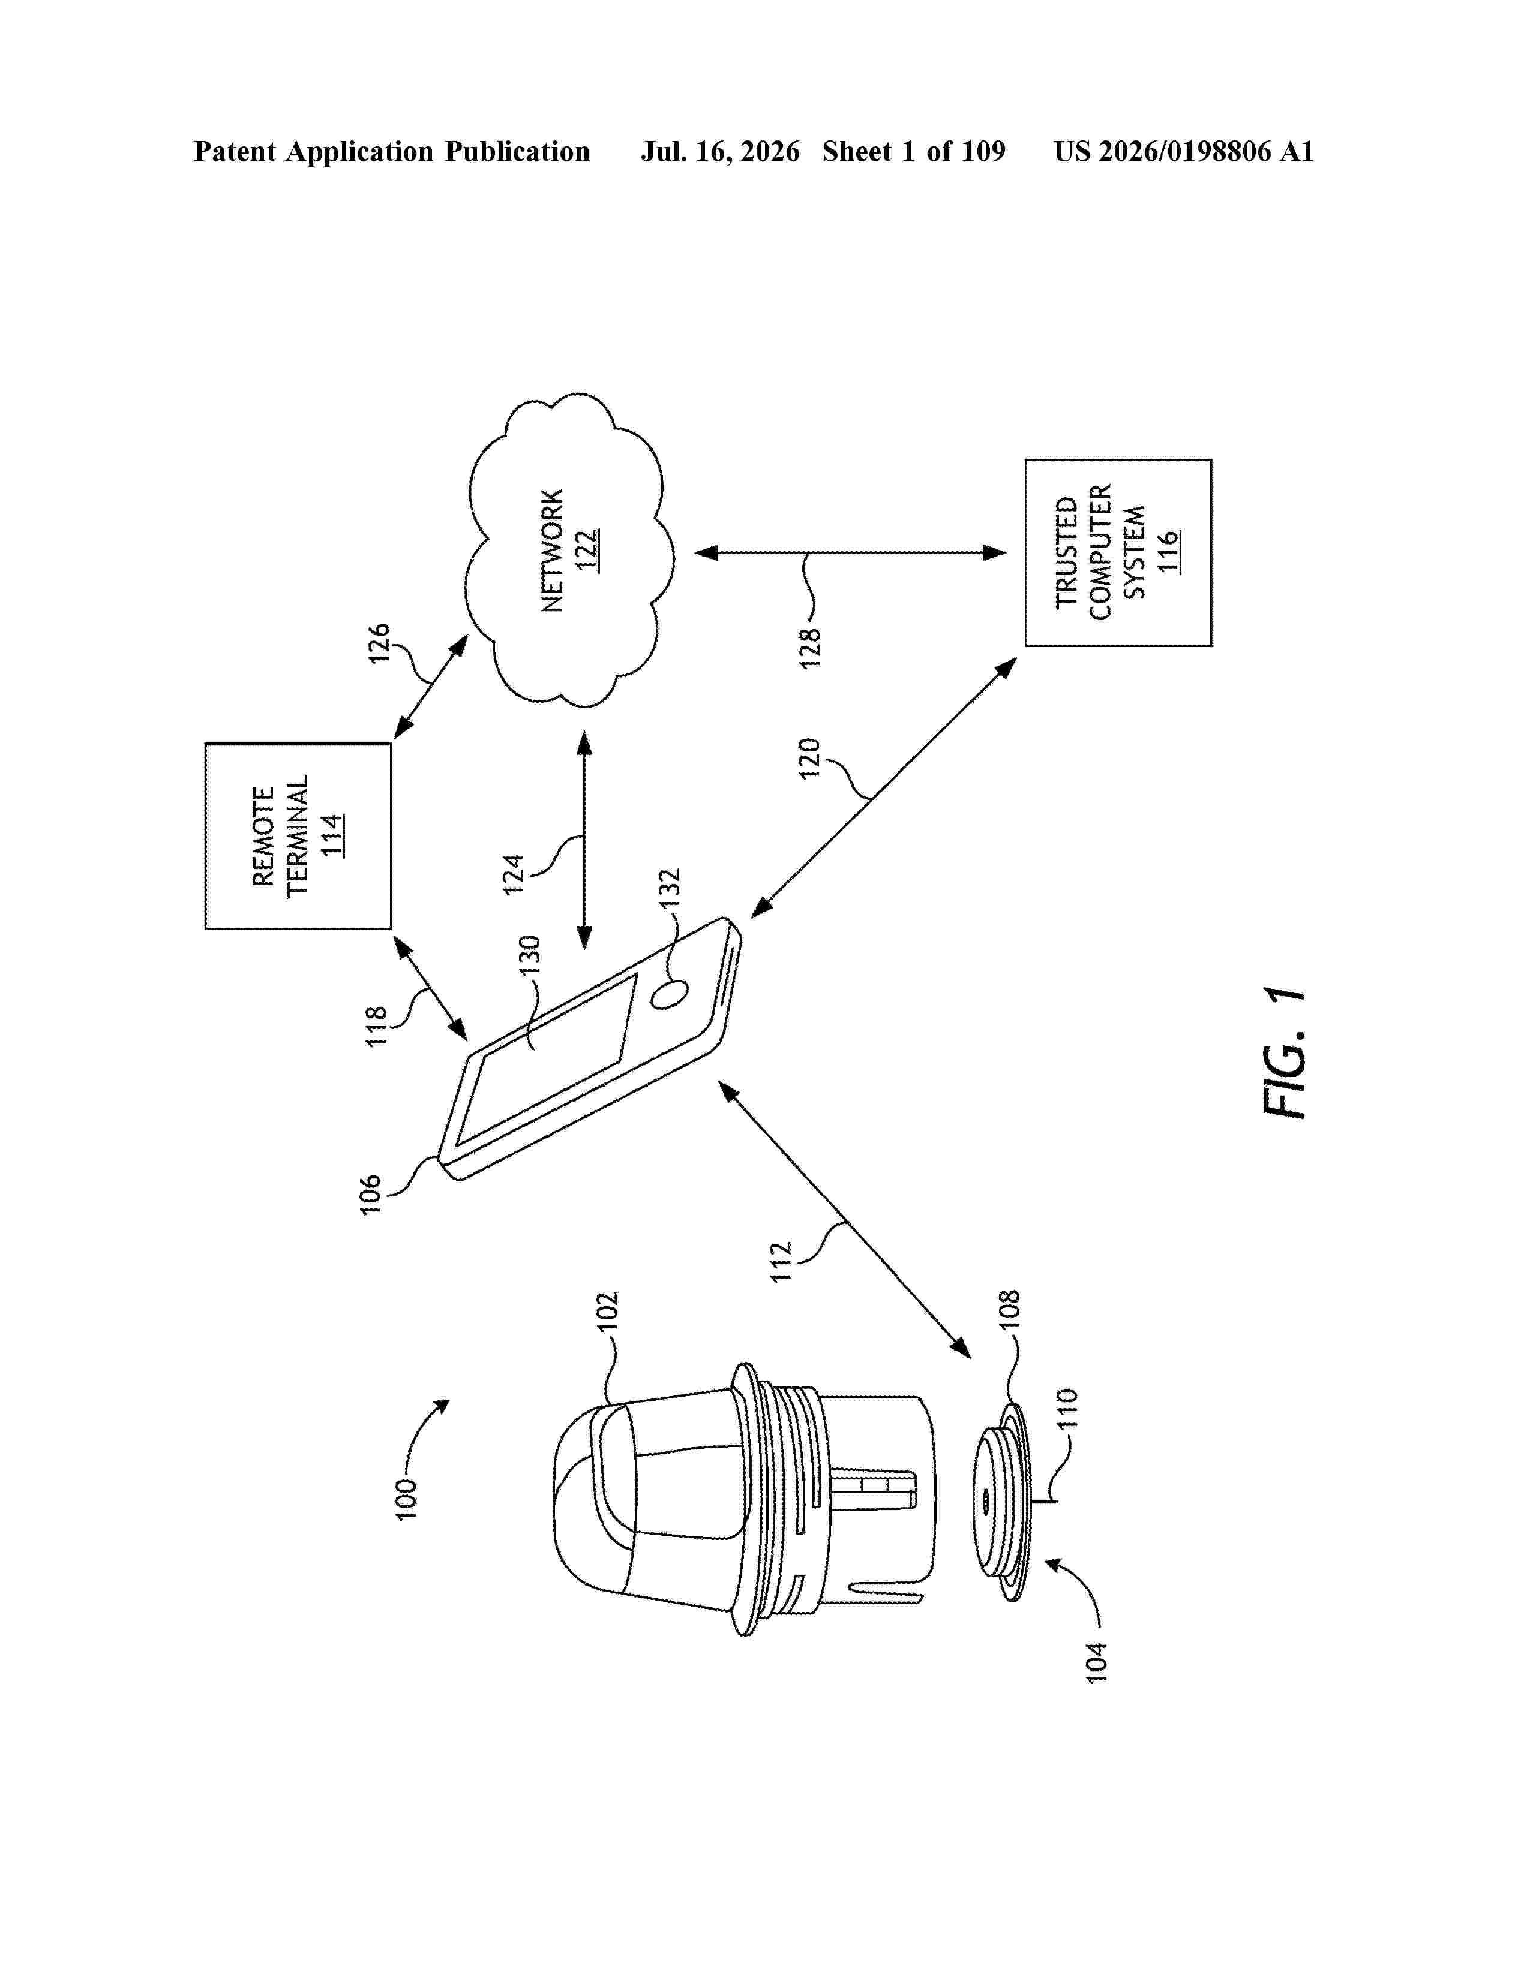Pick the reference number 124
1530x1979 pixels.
click(514, 874)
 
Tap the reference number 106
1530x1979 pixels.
click(371, 1193)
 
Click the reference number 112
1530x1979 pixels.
click(781, 1261)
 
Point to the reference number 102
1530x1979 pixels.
click(607, 1311)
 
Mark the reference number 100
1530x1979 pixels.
click(407, 1499)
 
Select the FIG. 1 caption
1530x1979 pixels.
click(1285, 1054)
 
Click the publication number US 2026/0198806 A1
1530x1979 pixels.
click(1184, 151)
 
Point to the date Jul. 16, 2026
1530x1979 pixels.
click(721, 151)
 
